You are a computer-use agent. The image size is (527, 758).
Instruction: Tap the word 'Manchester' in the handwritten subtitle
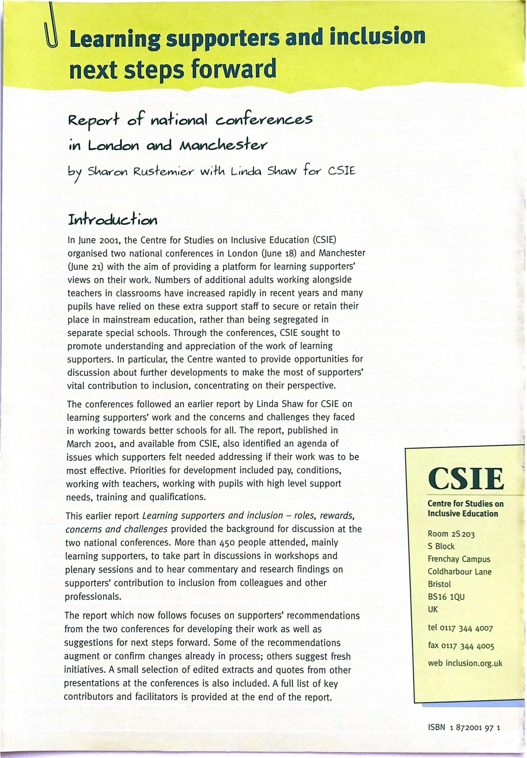(x=223, y=145)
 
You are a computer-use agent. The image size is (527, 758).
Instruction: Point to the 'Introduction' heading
(x=113, y=220)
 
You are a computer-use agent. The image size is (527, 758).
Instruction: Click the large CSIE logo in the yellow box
(x=466, y=479)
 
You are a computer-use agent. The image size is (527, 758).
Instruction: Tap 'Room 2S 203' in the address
(x=451, y=534)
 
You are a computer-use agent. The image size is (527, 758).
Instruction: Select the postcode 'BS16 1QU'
(x=446, y=597)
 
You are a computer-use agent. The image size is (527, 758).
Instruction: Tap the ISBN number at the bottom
(x=464, y=727)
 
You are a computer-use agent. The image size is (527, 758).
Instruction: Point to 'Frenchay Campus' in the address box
(x=459, y=559)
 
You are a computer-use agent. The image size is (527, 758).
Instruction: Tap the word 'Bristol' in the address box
(x=439, y=584)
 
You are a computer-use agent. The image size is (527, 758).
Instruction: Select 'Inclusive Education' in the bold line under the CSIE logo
(x=463, y=514)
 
